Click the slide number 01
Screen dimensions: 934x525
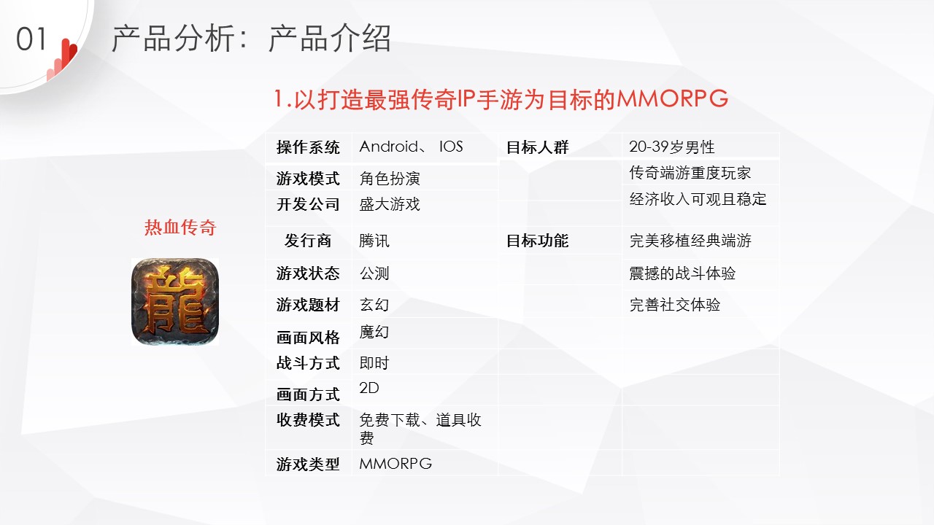tap(31, 39)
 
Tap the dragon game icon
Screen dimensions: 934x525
tap(175, 302)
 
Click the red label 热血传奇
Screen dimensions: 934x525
tap(180, 227)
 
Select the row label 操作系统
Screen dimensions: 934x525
tap(308, 147)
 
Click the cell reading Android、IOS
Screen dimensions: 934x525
tap(411, 147)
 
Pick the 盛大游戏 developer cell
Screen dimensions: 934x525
tap(390, 204)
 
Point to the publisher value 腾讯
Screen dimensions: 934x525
tap(374, 241)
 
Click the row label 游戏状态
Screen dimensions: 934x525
tap(308, 273)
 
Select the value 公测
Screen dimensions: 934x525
tap(374, 273)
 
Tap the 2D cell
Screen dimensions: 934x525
tap(369, 388)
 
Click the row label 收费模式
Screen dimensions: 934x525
tap(308, 419)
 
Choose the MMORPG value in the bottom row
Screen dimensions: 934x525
tap(395, 463)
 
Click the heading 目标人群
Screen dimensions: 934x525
tap(538, 147)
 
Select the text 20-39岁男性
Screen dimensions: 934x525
tap(672, 147)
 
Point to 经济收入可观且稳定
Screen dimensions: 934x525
tap(698, 199)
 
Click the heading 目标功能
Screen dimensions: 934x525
tap(538, 241)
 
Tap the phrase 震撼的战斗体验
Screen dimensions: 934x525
tap(682, 273)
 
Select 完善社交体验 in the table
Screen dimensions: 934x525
tap(675, 305)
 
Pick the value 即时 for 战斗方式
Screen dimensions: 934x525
tap(374, 363)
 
